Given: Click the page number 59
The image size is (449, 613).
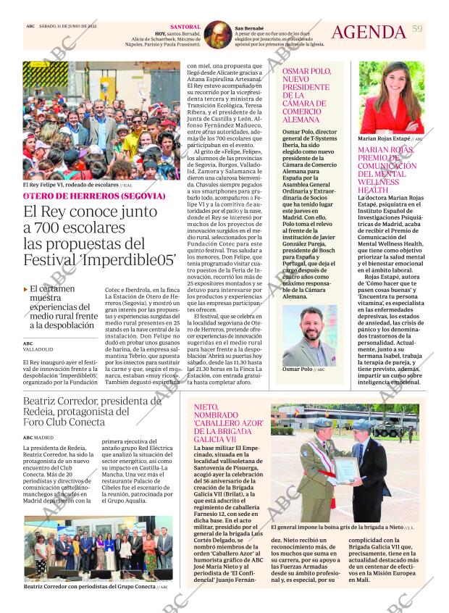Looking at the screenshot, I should [416, 28].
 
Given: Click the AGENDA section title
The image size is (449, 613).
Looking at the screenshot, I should [369, 32].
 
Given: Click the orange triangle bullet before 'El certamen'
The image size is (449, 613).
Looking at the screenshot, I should [26, 288].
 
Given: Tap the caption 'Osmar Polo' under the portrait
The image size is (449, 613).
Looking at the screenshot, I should [297, 369].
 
